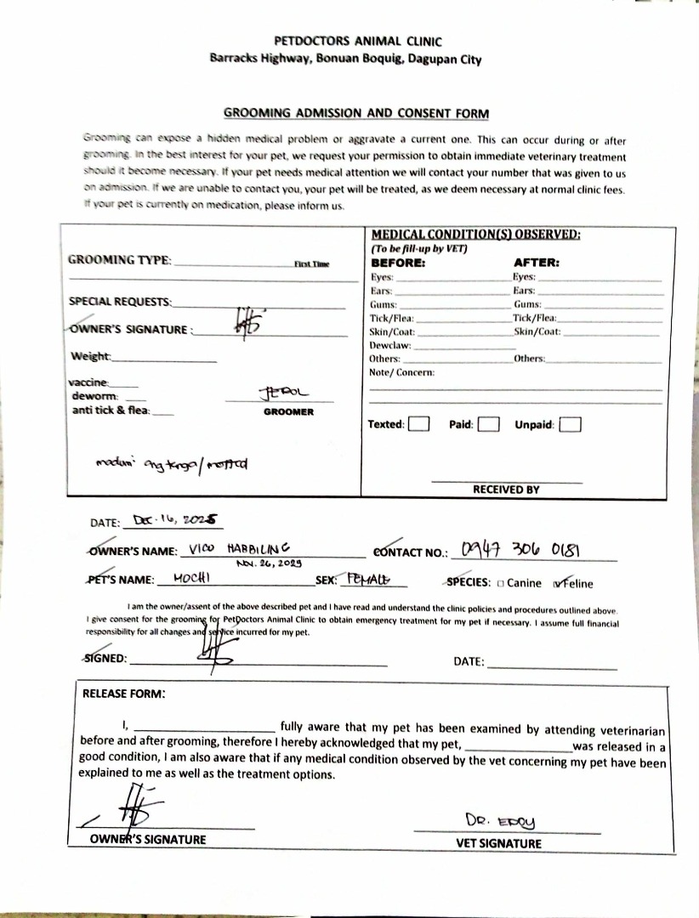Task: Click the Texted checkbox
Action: (x=418, y=424)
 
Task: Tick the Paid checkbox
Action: (x=487, y=424)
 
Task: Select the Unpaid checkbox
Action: (x=571, y=424)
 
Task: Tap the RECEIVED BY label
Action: (x=506, y=490)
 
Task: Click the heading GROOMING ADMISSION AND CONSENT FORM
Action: (x=356, y=113)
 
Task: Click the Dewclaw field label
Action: (x=390, y=345)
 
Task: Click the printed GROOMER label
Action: (x=288, y=412)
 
